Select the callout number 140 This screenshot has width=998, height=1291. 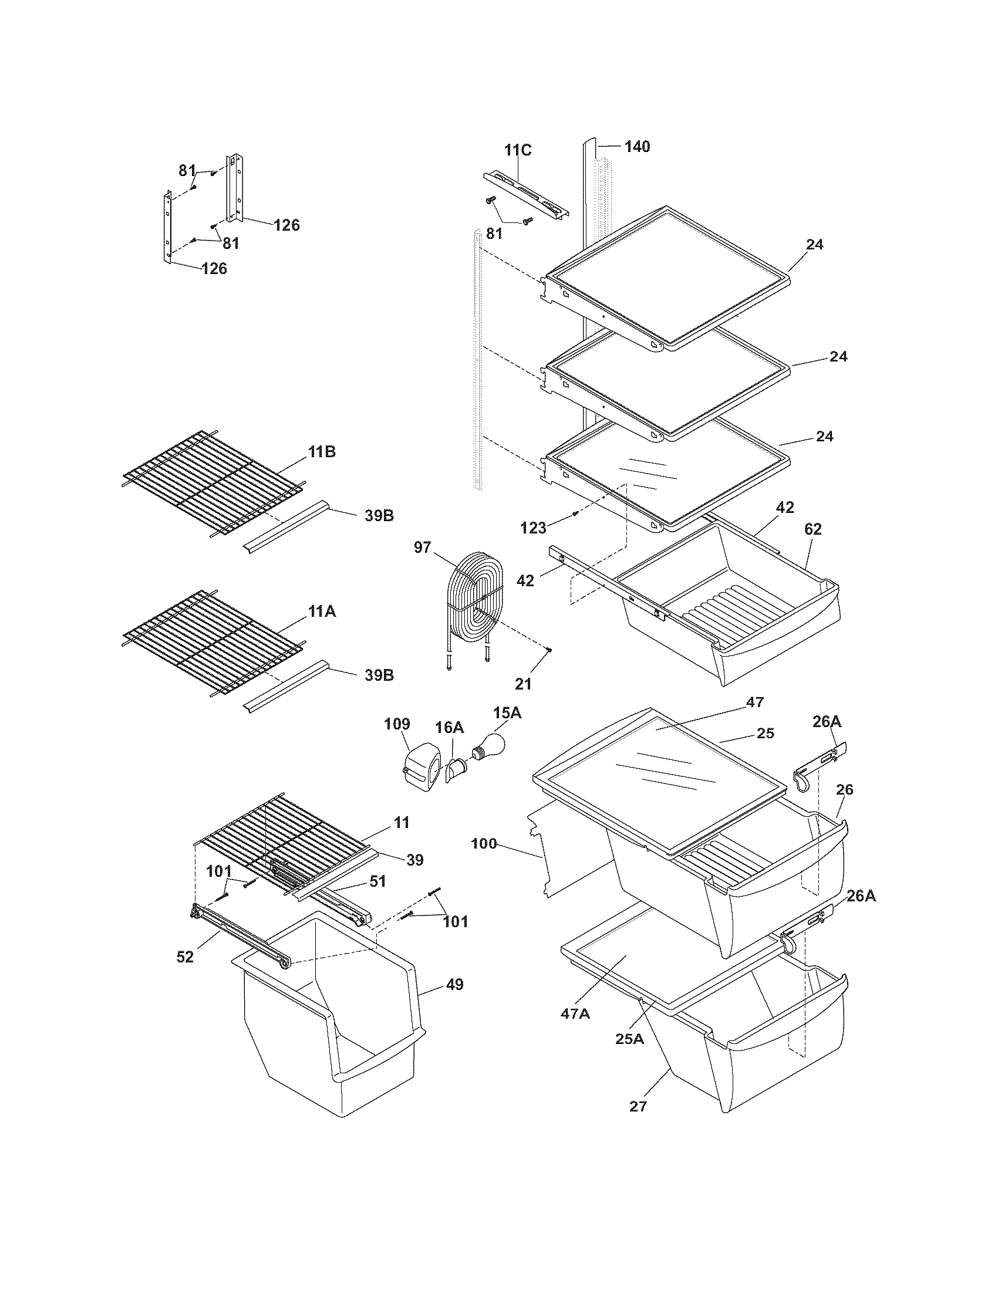pos(637,146)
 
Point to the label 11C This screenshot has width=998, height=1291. pos(517,150)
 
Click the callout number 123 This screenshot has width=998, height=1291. pos(533,528)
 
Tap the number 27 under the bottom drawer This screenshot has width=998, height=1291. pos(639,1106)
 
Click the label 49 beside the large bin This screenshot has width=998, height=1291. pos(454,984)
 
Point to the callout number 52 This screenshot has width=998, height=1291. pos(185,957)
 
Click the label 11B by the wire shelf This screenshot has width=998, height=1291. pos(322,452)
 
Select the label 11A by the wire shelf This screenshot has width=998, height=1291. pos(322,611)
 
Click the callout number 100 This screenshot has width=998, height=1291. pos(484,843)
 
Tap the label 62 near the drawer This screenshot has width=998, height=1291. pos(813,529)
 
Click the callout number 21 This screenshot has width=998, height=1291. pos(523,684)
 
